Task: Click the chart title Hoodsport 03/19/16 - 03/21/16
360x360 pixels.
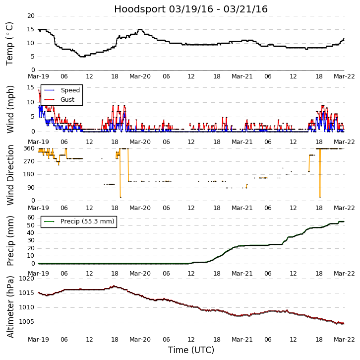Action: click(191, 9)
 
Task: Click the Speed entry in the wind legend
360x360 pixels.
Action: click(70, 90)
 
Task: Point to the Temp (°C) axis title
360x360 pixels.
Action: click(10, 43)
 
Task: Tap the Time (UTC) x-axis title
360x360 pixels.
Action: click(191, 350)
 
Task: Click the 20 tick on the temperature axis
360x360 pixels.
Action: click(31, 16)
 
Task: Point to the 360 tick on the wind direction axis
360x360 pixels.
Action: click(28, 148)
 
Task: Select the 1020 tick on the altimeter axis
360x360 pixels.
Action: click(25, 279)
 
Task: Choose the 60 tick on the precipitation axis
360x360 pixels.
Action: click(31, 217)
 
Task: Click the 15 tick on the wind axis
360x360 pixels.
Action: click(31, 87)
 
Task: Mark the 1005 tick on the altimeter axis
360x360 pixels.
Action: click(25, 322)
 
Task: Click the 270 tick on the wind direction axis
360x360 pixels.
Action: click(28, 161)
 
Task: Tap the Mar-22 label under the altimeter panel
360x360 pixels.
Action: click(344, 340)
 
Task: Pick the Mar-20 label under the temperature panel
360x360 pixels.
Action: click(140, 76)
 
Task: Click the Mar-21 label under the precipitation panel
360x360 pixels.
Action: click(242, 273)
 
